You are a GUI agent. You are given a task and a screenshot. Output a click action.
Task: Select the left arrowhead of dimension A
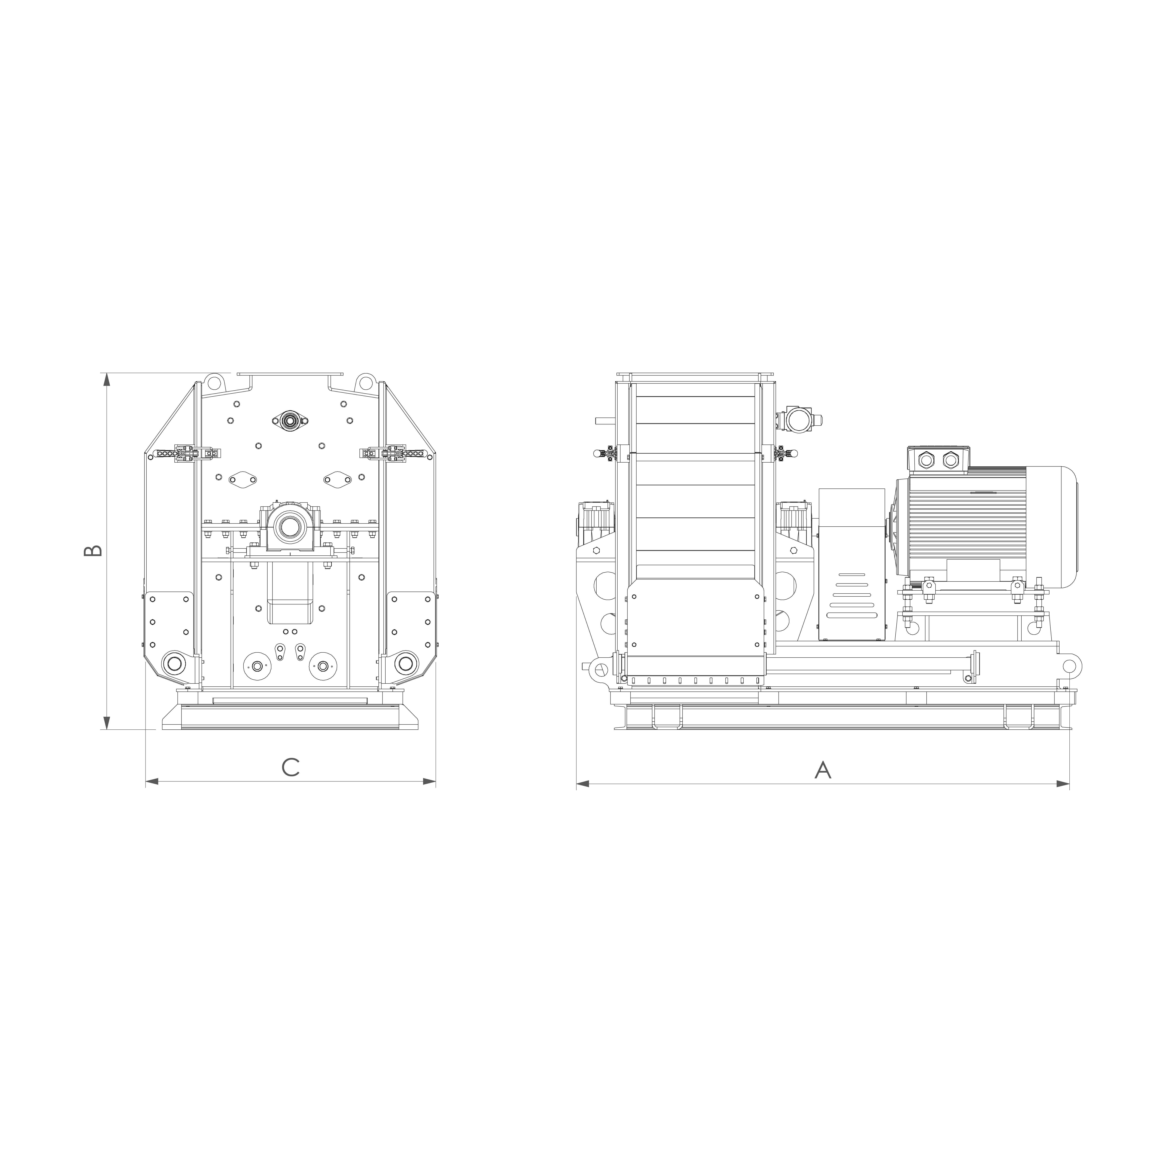point(583,784)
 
